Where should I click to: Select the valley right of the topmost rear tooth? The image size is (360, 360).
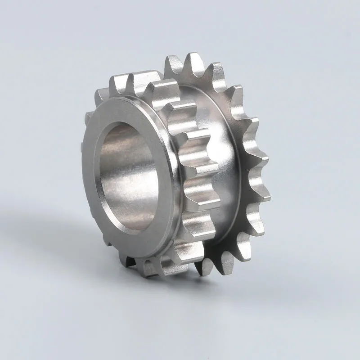(x=205, y=72)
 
